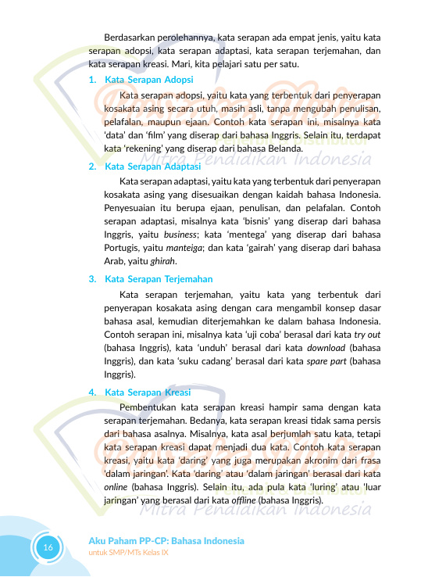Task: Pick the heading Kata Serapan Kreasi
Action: click(x=148, y=392)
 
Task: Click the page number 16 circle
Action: click(x=48, y=547)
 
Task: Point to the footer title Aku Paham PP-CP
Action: click(x=166, y=541)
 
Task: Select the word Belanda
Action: click(x=282, y=149)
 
